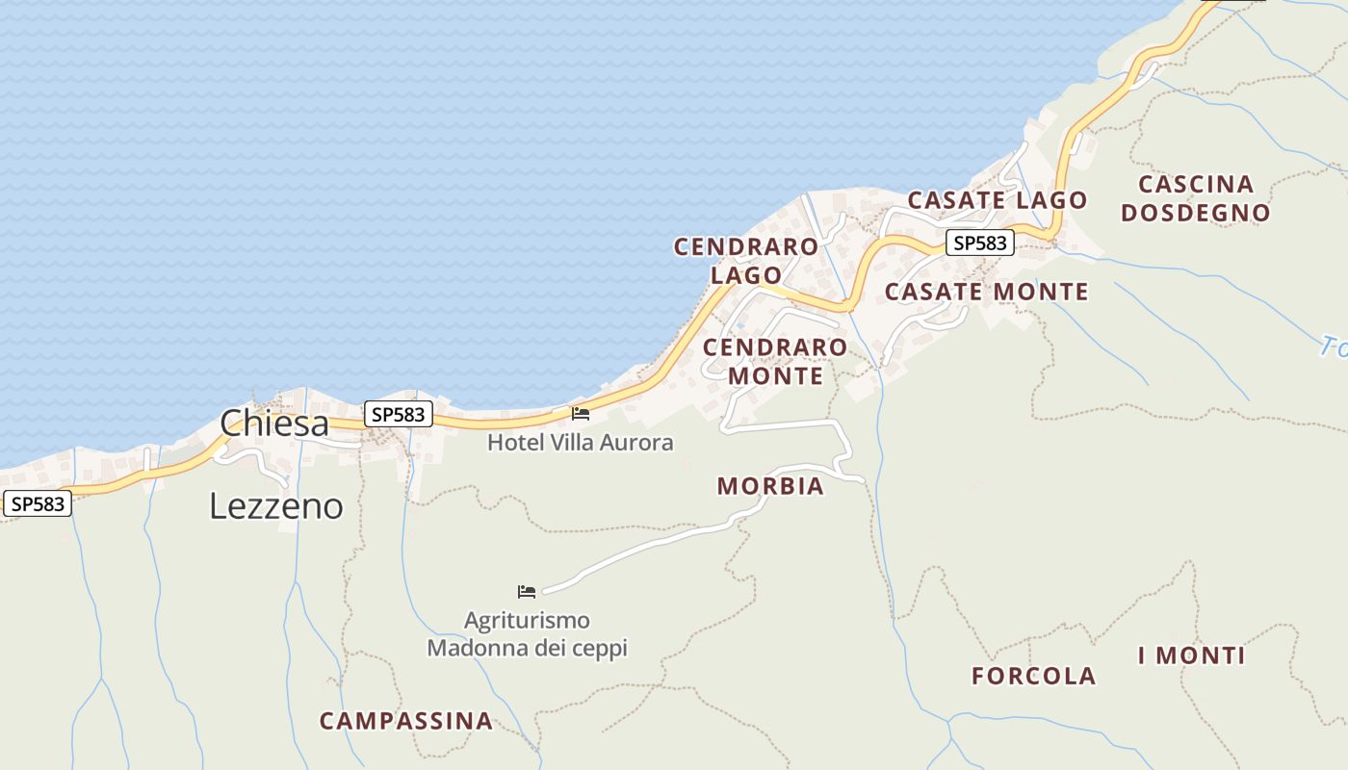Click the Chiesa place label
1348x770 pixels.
pyautogui.click(x=274, y=423)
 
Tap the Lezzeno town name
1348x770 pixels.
pyautogui.click(x=276, y=506)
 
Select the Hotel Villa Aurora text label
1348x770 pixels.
pyautogui.click(x=580, y=443)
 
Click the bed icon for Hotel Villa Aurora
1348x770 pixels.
pyautogui.click(x=581, y=414)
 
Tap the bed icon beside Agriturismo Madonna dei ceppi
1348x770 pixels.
pyautogui.click(x=527, y=591)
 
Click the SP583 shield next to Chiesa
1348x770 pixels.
pyautogui.click(x=399, y=415)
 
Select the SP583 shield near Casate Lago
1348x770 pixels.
pyautogui.click(x=979, y=244)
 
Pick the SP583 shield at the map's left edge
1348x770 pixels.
pyautogui.click(x=39, y=503)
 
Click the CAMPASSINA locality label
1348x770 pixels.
pyautogui.click(x=406, y=721)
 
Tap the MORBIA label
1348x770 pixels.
pyautogui.click(x=770, y=487)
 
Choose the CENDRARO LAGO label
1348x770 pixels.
pyautogui.click(x=746, y=261)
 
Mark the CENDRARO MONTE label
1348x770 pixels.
pyautogui.click(x=776, y=361)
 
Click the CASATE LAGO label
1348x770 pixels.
pyautogui.click(x=998, y=201)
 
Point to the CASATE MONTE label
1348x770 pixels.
pyautogui.click(x=987, y=292)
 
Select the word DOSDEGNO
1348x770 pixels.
pyautogui.click(x=1196, y=214)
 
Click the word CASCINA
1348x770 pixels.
pyautogui.click(x=1196, y=185)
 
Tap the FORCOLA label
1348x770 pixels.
pyautogui.click(x=1034, y=677)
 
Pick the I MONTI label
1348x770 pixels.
pyautogui.click(x=1192, y=656)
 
